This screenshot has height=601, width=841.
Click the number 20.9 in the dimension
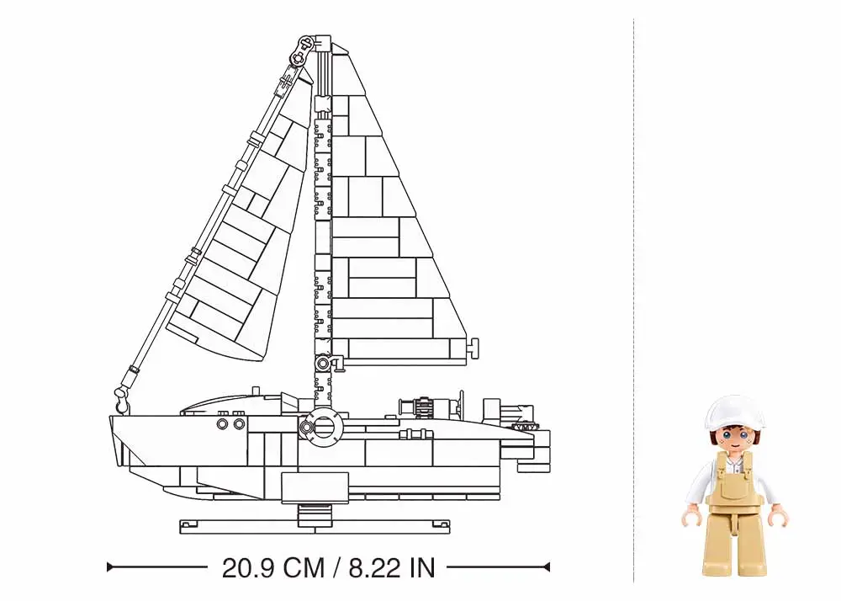pos(251,567)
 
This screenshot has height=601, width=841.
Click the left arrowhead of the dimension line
pos(111,567)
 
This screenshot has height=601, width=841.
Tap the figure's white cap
pos(735,412)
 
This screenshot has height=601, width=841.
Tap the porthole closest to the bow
pos(222,424)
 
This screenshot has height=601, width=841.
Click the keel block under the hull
pos(314,487)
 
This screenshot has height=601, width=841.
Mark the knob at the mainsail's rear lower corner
pos(473,345)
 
